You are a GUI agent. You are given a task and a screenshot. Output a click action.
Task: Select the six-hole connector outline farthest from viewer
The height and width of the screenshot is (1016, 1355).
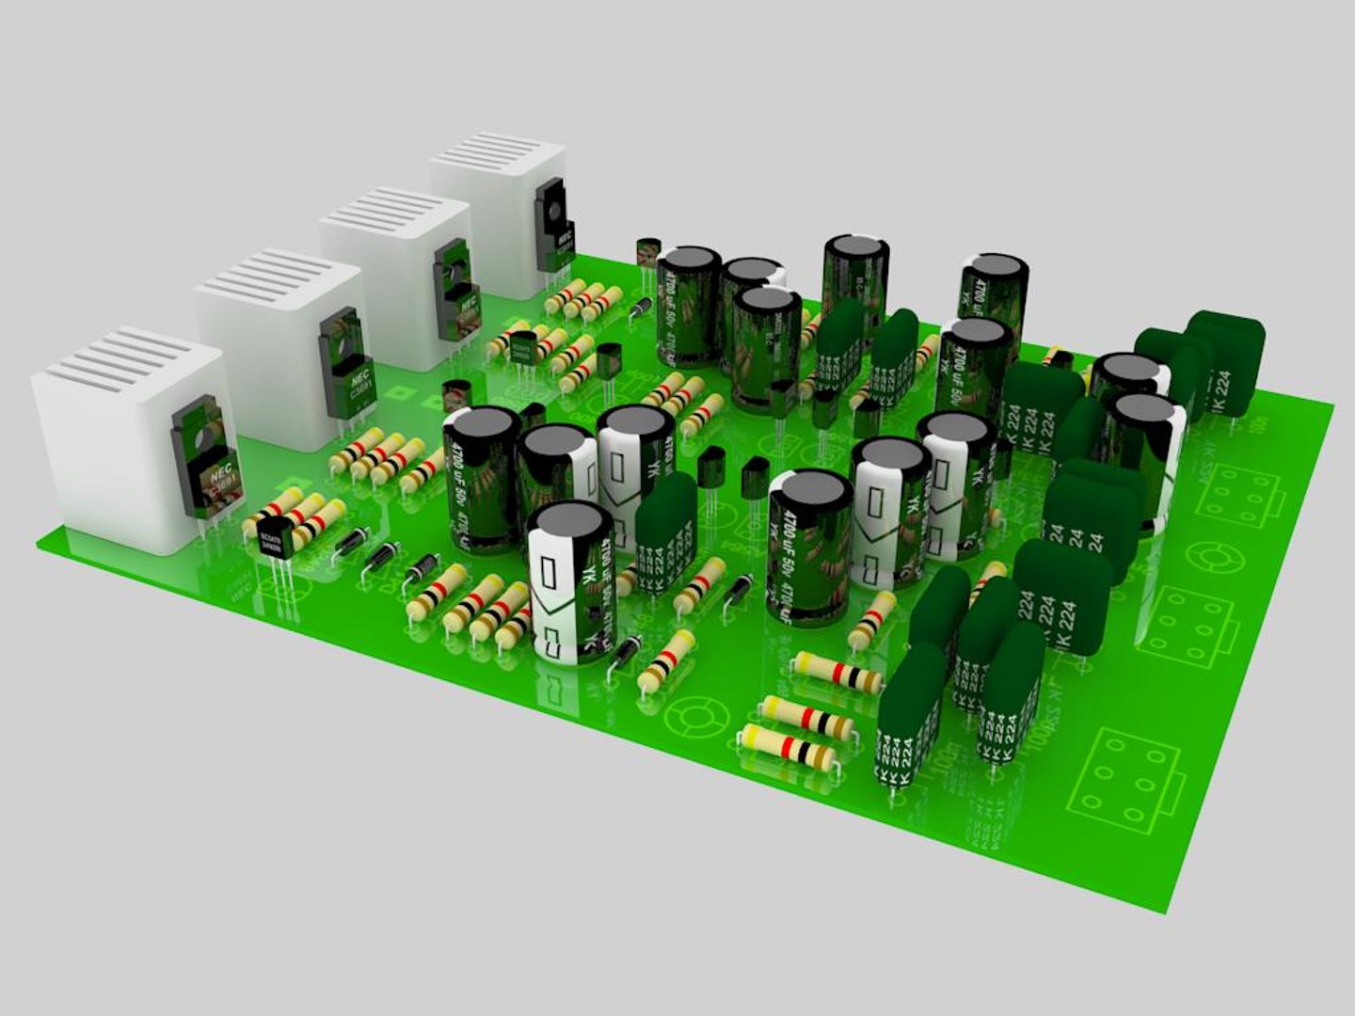1242,494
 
